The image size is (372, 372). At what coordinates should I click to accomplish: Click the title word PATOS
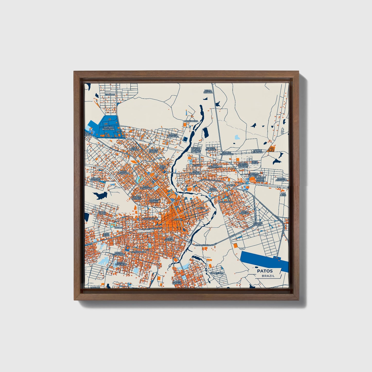(x=265, y=271)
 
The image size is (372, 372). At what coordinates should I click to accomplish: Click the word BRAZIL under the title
(x=268, y=276)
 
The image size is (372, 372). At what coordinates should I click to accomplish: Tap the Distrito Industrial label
(x=108, y=128)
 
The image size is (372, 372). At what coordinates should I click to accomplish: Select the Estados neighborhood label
(x=112, y=94)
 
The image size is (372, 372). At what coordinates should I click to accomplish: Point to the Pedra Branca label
(x=208, y=91)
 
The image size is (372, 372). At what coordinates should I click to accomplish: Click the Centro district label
(x=178, y=219)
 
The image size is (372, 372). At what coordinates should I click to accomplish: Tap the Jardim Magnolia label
(x=173, y=135)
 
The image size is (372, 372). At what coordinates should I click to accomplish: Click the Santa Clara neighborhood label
(x=102, y=213)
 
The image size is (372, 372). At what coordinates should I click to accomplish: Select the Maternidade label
(x=138, y=252)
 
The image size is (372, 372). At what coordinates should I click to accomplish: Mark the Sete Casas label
(x=254, y=162)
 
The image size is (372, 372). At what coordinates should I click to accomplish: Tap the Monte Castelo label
(x=177, y=282)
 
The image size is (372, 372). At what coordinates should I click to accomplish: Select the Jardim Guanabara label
(x=119, y=254)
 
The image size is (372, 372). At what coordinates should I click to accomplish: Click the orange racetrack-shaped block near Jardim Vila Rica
(x=271, y=149)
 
